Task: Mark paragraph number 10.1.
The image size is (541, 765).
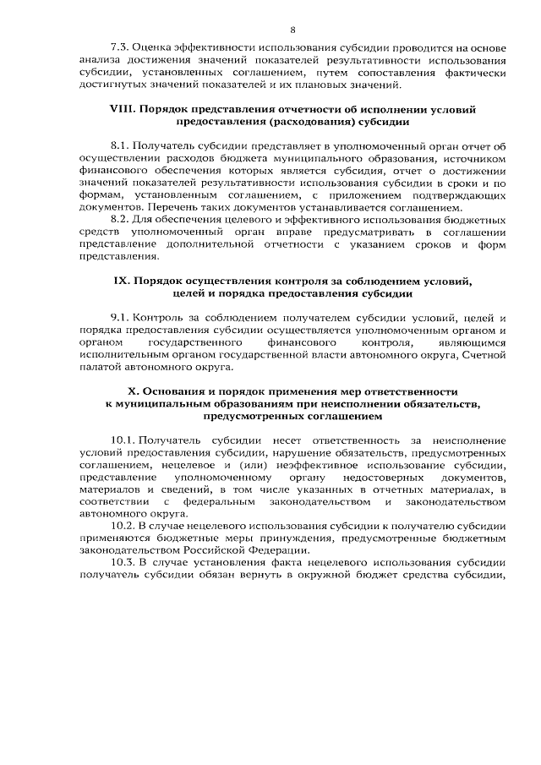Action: coord(123,440)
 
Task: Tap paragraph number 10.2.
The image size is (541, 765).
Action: coord(123,526)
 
